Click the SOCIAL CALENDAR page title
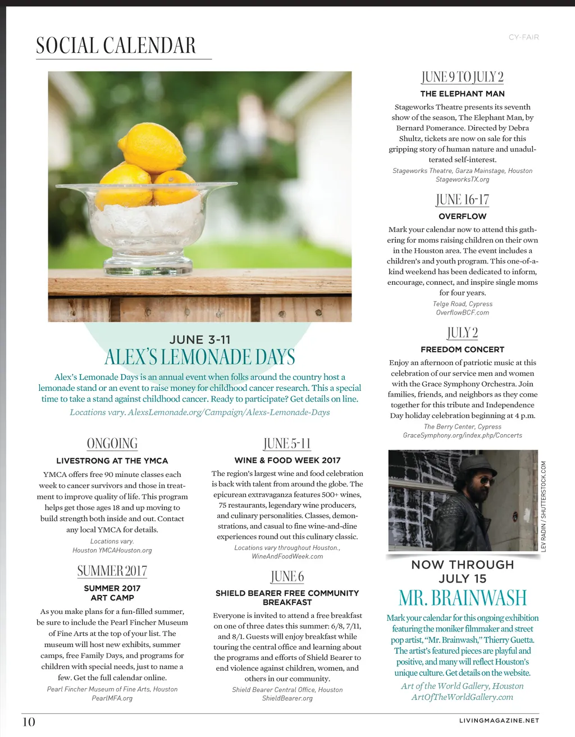116,46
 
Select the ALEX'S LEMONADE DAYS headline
200,357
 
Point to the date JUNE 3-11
200,339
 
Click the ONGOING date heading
112,444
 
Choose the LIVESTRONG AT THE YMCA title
112,461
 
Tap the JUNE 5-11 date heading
287,444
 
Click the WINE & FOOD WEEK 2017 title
287,460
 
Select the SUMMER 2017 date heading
112,571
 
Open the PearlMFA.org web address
112,698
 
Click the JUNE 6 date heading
287,577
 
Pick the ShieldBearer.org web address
287,698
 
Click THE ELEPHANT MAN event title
463,94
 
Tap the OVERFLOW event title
463,216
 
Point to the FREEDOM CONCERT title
463,349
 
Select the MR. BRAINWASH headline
463,598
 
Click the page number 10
29,722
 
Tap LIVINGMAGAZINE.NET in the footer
499,720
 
